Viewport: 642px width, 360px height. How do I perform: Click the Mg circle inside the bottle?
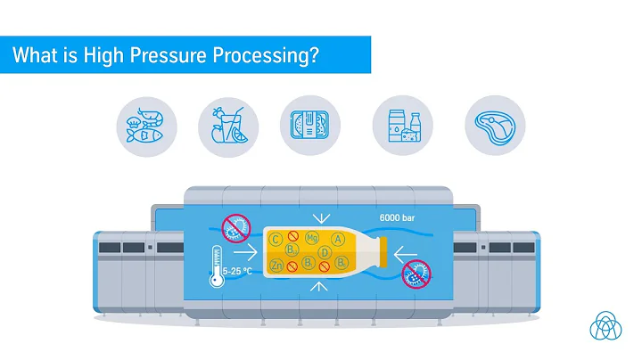(x=312, y=239)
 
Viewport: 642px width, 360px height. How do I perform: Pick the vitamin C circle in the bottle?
(x=276, y=239)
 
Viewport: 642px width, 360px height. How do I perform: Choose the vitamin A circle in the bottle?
(x=338, y=240)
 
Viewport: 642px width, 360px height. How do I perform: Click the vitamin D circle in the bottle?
(x=326, y=253)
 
